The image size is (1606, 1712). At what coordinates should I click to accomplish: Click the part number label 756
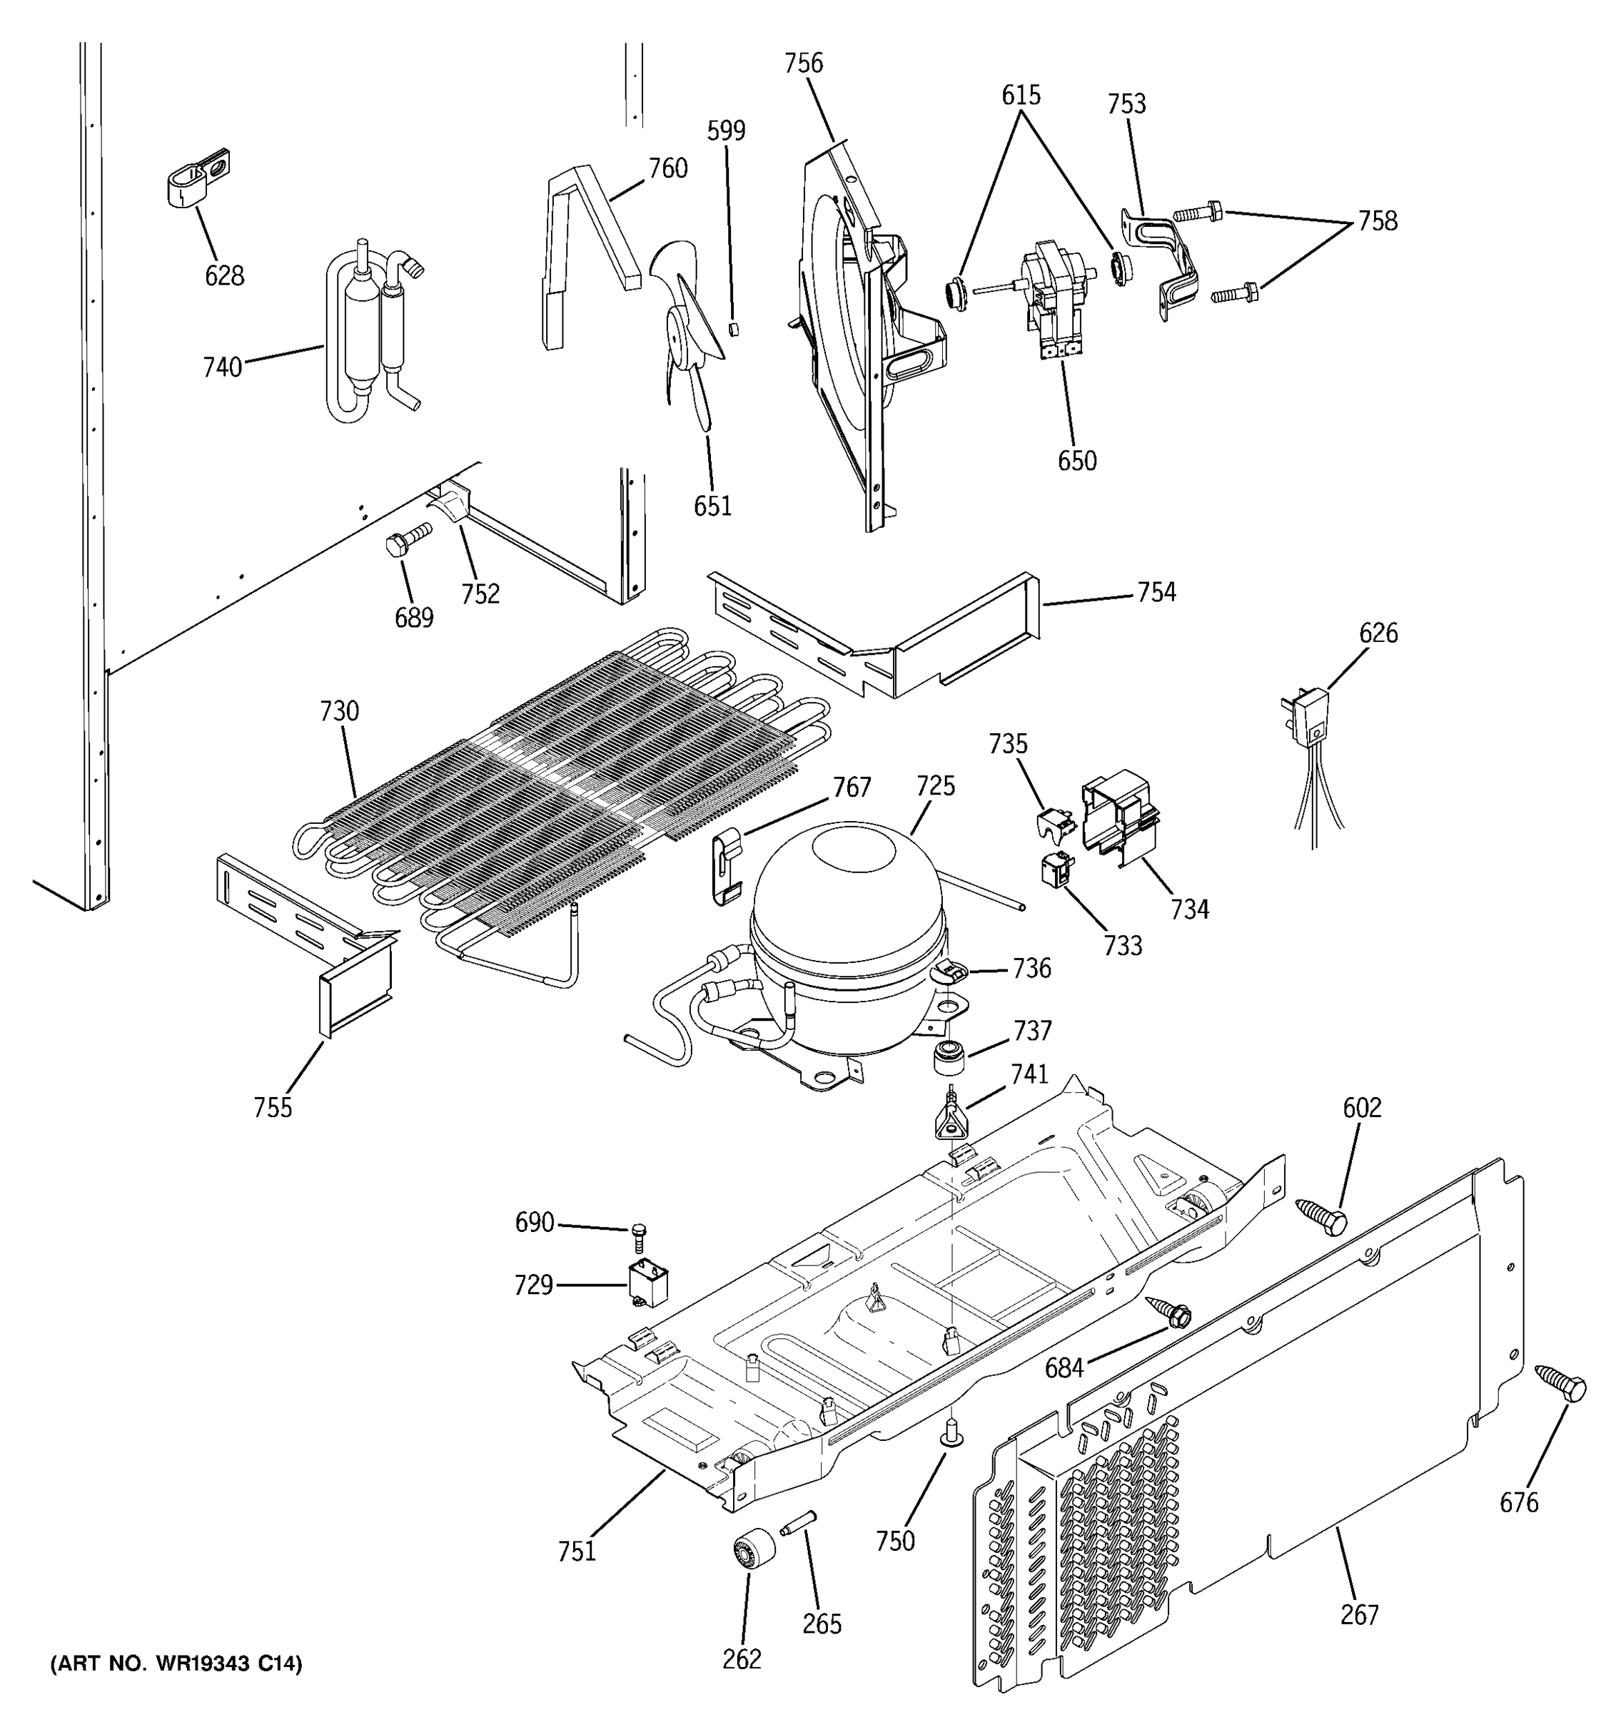803,63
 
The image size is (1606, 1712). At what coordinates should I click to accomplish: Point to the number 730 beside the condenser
338,711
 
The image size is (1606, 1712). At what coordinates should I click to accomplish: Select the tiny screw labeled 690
638,1235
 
